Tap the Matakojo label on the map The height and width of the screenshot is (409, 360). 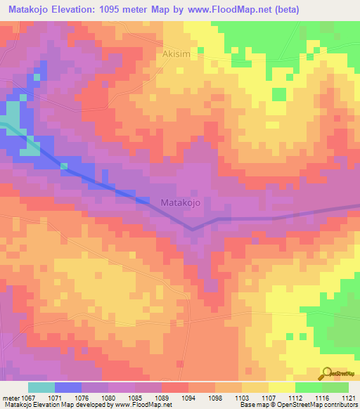pyautogui.click(x=181, y=202)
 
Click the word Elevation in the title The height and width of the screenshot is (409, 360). pyautogui.click(x=81, y=10)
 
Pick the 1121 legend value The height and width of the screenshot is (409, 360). pyautogui.click(x=349, y=396)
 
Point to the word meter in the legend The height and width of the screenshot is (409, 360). pyautogui.click(x=12, y=396)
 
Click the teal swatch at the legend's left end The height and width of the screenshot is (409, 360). pyautogui.click(x=41, y=387)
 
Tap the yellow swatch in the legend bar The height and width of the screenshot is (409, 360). pyautogui.click(x=281, y=387)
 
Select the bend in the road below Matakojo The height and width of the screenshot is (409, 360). pyautogui.click(x=193, y=228)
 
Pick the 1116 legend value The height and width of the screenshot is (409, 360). pyautogui.click(x=323, y=396)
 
